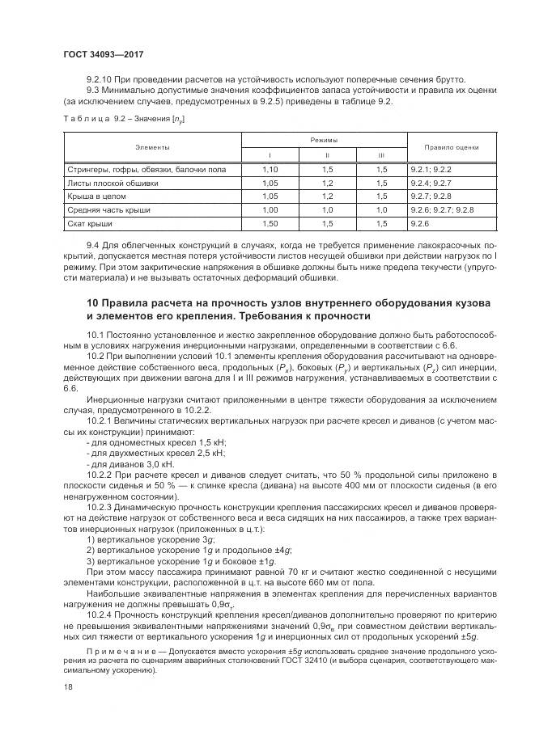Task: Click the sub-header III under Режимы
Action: pyautogui.click(x=380, y=155)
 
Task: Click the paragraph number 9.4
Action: pyautogui.click(x=92, y=243)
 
